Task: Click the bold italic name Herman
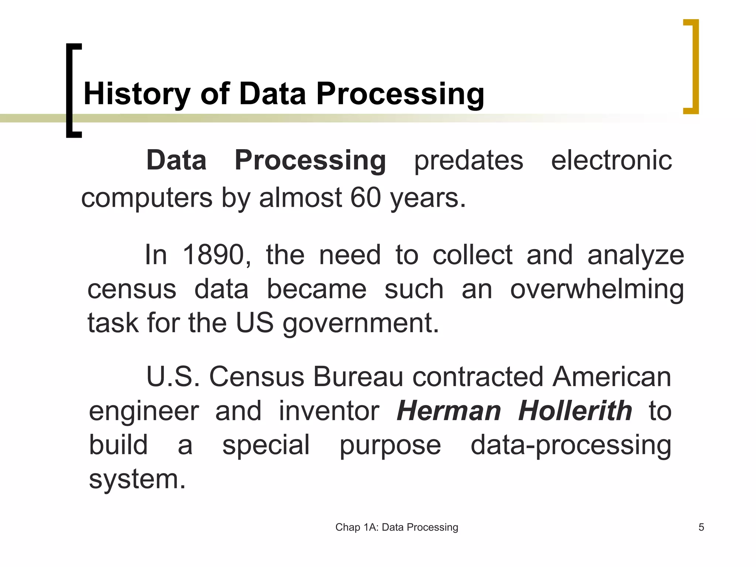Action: click(x=449, y=411)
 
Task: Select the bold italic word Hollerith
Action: click(x=575, y=411)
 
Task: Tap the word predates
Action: click(x=468, y=161)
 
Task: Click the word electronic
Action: click(x=611, y=161)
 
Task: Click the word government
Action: click(x=361, y=323)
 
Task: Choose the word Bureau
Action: click(x=358, y=377)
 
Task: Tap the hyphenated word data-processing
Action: click(x=571, y=445)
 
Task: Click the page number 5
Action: click(x=701, y=527)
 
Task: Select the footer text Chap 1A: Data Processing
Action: click(x=396, y=527)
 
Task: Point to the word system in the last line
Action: click(x=137, y=479)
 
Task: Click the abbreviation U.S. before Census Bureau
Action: click(x=173, y=377)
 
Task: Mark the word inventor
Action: click(x=329, y=411)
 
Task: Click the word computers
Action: click(x=147, y=197)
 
